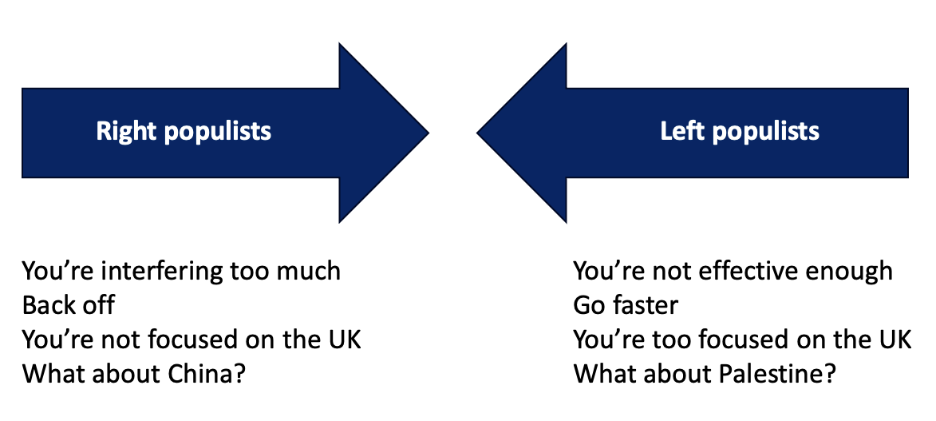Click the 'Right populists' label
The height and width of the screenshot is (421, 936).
[184, 132]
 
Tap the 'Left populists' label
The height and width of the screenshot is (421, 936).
[739, 132]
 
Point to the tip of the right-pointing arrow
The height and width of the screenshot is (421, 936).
[427, 133]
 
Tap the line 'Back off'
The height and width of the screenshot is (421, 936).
[69, 305]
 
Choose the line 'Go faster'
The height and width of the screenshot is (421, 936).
[626, 305]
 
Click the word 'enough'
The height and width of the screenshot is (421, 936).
[849, 272]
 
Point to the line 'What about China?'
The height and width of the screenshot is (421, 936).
[133, 373]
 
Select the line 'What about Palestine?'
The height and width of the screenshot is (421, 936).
[705, 373]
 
